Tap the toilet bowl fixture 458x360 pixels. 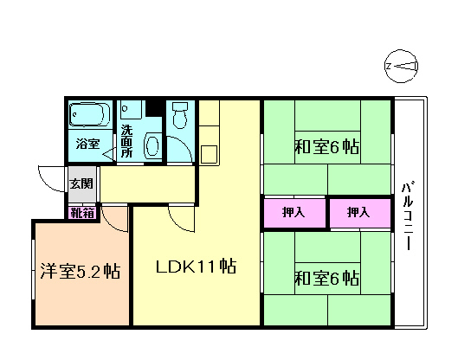[180, 115]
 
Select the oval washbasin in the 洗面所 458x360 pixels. [152, 145]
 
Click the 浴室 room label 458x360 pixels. [88, 144]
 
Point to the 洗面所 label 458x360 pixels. [126, 141]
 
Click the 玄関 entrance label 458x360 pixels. [81, 183]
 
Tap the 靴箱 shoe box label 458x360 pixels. [82, 213]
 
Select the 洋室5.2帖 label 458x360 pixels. [80, 271]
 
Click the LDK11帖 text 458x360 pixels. [196, 266]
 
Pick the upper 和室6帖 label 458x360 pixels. [327, 147]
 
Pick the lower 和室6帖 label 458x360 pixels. [327, 279]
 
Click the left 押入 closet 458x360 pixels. [294, 213]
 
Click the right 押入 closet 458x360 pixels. [360, 213]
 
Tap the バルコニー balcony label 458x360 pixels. [409, 216]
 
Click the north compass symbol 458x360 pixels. [401, 67]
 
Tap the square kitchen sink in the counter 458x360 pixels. [209, 154]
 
